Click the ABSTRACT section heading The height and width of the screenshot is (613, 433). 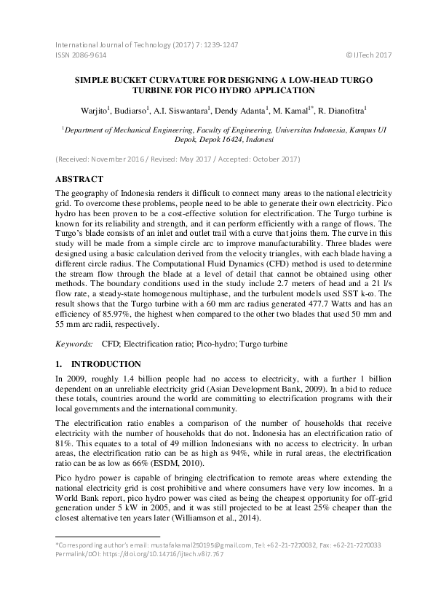coord(79,179)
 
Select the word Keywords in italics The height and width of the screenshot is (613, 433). coord(74,343)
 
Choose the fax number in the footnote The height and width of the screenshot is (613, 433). coord(357,565)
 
